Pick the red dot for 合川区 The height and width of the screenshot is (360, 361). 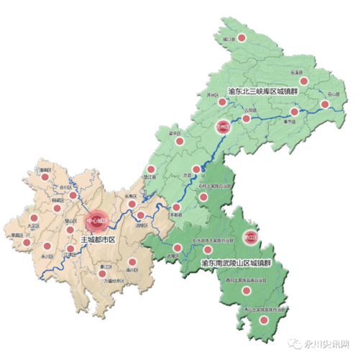coord(73,194)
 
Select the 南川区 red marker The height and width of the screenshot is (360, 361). coord(131,262)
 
